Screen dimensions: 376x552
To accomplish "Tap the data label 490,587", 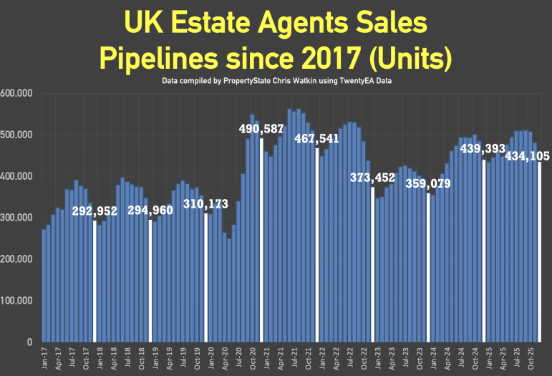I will click(x=261, y=129).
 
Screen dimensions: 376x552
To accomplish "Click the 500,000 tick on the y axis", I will click(x=16, y=135).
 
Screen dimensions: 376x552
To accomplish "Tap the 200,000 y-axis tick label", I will click(x=16, y=259).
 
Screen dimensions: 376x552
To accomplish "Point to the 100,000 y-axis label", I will click(x=16, y=301).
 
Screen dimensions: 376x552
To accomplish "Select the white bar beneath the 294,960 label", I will click(x=150, y=281).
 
